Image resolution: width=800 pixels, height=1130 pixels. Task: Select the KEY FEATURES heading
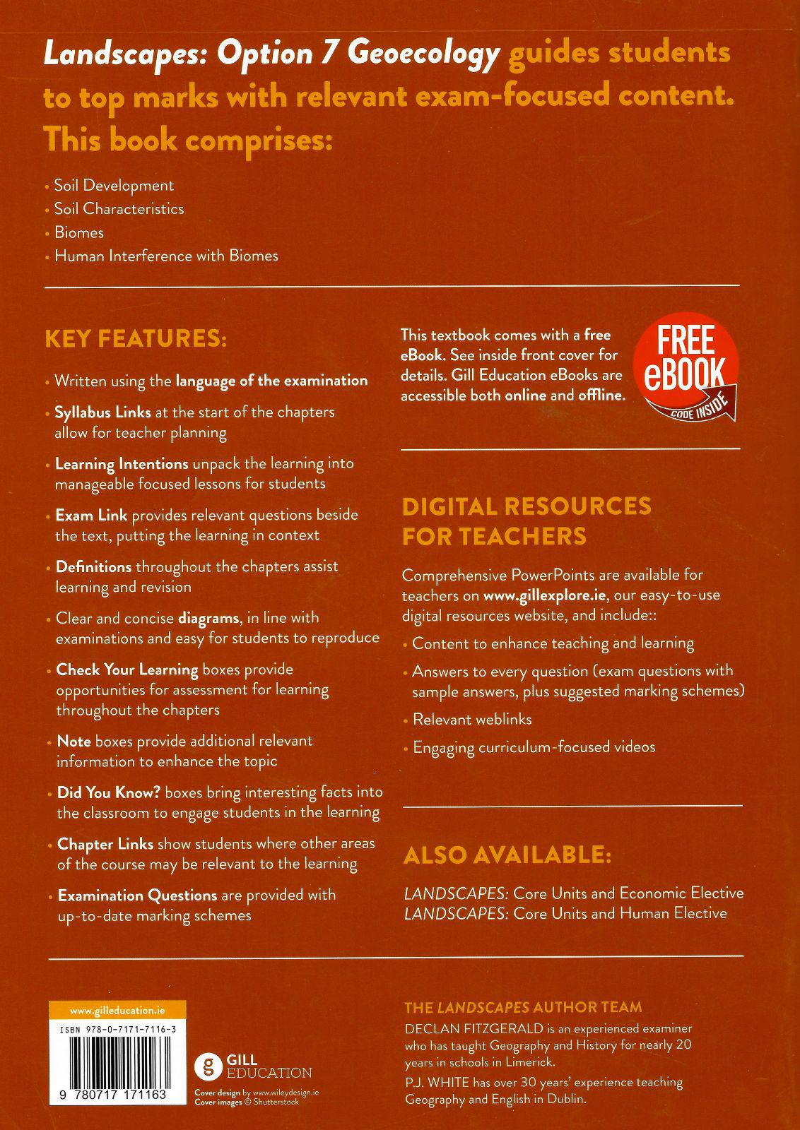tap(136, 338)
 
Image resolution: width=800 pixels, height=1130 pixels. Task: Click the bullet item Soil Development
tap(113, 186)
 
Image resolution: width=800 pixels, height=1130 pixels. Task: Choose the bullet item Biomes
tap(79, 233)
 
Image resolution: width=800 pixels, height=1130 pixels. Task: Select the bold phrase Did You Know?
tap(109, 792)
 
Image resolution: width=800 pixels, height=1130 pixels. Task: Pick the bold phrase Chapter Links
tap(105, 844)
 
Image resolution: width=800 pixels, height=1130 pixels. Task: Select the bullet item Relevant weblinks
tap(472, 720)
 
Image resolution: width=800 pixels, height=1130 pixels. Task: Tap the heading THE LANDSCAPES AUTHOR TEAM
tap(523, 1008)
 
